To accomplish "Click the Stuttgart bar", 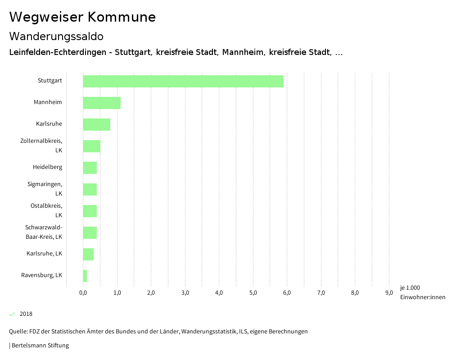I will point(183,81).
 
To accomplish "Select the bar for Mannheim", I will point(102,103).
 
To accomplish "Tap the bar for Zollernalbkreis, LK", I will point(92,146).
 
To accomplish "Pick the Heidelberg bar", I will point(90,168).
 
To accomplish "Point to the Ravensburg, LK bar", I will point(85,276).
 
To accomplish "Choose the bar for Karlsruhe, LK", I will point(88,254).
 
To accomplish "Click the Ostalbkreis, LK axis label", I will point(46,210).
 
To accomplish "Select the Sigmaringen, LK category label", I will point(45,189).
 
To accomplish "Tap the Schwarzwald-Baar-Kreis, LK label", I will point(44,232).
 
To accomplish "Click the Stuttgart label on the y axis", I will point(50,81).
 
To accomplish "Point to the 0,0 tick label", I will point(83,293).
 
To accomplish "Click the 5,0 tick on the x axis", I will point(253,293).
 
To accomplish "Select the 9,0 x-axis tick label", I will point(389,293).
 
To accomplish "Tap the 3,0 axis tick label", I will point(185,293).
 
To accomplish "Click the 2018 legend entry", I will point(26,314).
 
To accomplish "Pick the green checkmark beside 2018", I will point(12,314).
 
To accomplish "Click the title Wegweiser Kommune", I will point(82,17).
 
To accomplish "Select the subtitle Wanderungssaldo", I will point(56,36).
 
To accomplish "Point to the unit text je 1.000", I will point(410,288).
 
